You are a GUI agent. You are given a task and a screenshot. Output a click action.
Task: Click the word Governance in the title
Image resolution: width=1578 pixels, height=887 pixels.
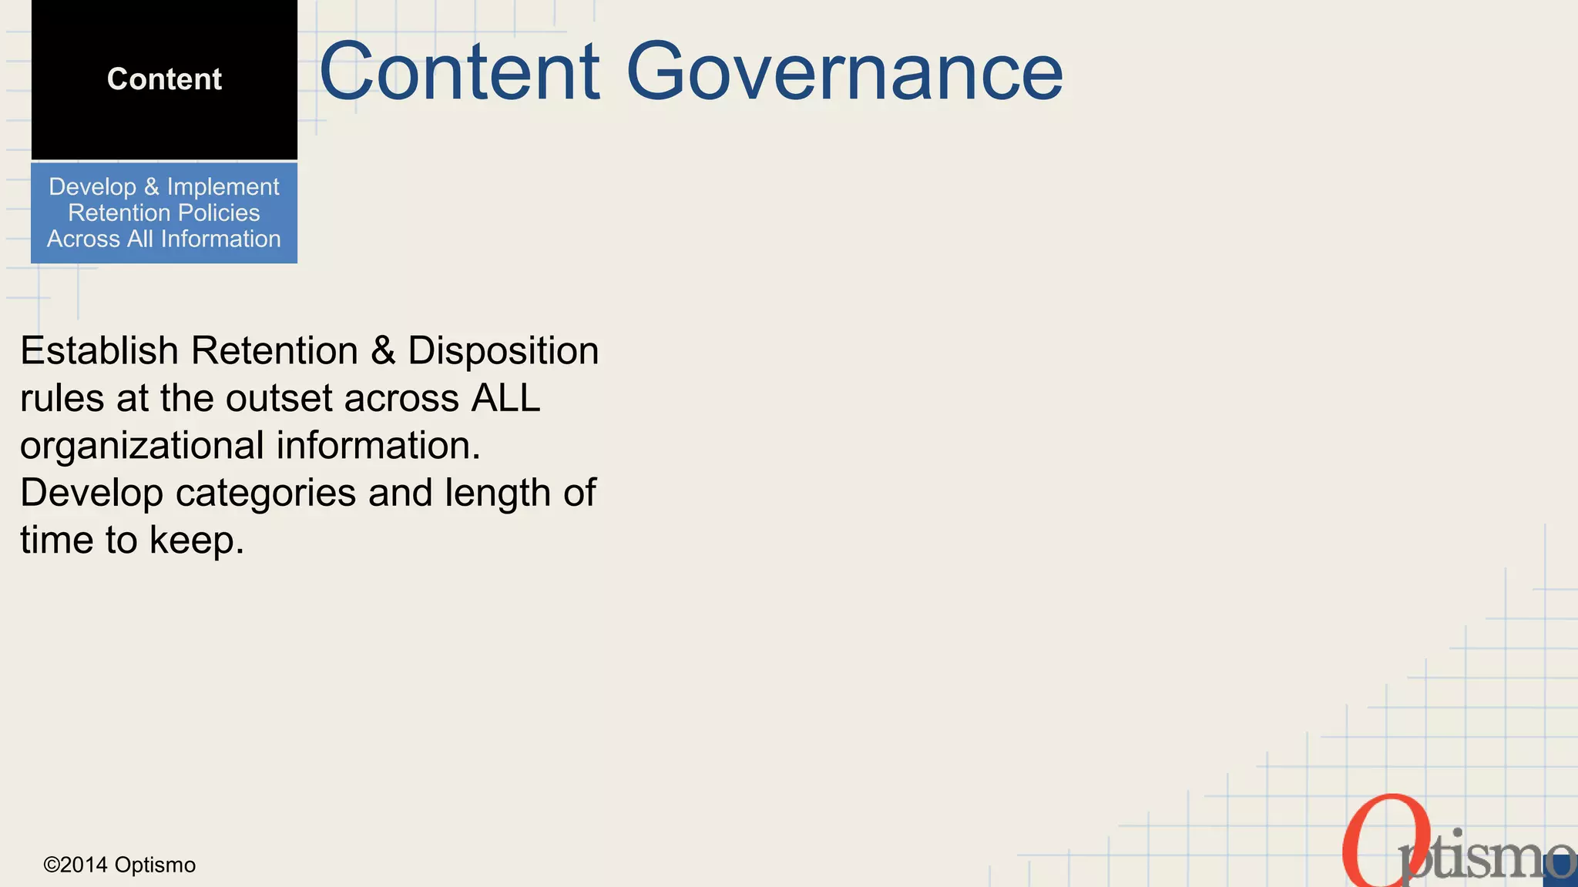click(x=844, y=72)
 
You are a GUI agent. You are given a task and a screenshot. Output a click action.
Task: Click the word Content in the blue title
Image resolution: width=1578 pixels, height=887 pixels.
click(x=459, y=72)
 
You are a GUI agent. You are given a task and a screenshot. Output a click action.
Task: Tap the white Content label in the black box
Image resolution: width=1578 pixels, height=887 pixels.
click(x=164, y=79)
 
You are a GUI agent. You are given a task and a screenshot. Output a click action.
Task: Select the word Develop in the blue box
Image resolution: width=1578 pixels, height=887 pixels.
click(x=92, y=187)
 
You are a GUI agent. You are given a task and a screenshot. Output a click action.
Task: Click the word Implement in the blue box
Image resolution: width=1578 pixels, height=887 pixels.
click(x=223, y=187)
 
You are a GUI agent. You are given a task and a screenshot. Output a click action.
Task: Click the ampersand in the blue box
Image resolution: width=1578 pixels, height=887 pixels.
click(x=151, y=187)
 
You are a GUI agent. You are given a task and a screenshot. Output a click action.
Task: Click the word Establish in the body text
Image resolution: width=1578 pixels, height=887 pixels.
click(x=99, y=351)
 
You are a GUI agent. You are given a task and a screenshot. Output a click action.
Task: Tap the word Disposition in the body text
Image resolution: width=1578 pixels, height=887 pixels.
click(x=503, y=351)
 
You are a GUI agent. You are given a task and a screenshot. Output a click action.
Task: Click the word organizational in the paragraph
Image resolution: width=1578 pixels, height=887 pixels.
click(x=142, y=447)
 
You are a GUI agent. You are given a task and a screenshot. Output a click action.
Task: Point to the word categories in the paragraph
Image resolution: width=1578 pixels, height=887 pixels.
click(x=265, y=494)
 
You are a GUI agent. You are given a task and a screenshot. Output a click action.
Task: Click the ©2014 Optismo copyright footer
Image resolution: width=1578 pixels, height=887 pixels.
click(x=119, y=865)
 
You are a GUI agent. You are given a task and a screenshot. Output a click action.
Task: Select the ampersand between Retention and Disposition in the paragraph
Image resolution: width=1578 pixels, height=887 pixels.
click(x=383, y=351)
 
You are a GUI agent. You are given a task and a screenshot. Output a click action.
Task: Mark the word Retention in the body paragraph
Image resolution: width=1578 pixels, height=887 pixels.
click(x=274, y=351)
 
